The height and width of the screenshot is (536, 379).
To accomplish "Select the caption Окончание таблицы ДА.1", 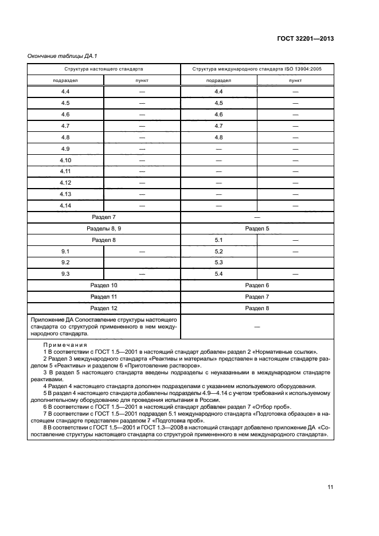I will (x=58, y=56).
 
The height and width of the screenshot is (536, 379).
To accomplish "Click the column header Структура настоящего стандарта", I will (x=104, y=68).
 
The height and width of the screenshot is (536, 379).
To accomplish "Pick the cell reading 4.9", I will (x=65, y=148).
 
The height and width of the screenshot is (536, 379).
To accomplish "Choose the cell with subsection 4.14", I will (x=65, y=205).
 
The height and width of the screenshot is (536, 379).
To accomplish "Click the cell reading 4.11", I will (x=65, y=171).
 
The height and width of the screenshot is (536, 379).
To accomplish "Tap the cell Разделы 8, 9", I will (x=104, y=228).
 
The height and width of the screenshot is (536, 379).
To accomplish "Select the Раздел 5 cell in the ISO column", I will (x=257, y=228).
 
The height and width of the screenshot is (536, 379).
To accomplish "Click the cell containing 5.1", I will (x=218, y=240).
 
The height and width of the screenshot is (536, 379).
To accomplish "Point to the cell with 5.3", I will (x=218, y=263).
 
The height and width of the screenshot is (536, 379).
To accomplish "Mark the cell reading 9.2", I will (x=65, y=263).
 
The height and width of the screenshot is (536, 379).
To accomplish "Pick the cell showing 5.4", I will (x=218, y=274).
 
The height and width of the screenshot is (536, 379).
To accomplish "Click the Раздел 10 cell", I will (x=104, y=285).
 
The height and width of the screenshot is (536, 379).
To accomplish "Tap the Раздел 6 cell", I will (x=257, y=285).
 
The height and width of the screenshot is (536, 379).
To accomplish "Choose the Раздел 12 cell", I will (x=104, y=308).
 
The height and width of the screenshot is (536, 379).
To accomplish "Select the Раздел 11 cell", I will (x=104, y=296).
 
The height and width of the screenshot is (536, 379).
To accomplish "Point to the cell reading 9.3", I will (x=65, y=274).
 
